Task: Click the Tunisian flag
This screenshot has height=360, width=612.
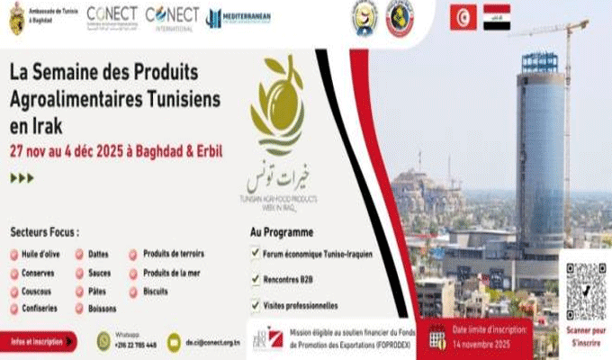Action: [x=463, y=17]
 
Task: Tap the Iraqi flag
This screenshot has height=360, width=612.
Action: [x=496, y=17]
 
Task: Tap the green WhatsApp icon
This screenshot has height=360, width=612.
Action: [x=103, y=340]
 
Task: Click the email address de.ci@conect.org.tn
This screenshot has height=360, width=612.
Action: [x=212, y=343]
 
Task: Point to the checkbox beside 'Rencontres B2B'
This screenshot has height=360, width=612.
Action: [x=255, y=279]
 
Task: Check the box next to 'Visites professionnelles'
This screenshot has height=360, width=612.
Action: [x=255, y=305]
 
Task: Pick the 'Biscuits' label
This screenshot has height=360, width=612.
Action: [x=156, y=292]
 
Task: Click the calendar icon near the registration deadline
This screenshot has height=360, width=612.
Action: [x=437, y=339]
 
